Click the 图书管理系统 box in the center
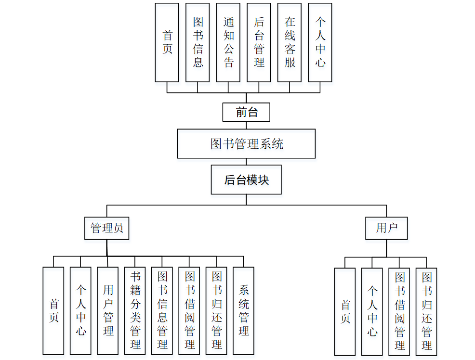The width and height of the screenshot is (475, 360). pyautogui.click(x=246, y=143)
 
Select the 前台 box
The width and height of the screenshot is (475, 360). pyautogui.click(x=246, y=112)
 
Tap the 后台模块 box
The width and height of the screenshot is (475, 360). pyautogui.click(x=246, y=180)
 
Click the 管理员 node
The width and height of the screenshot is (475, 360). pyautogui.click(x=107, y=228)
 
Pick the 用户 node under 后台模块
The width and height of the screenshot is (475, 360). pyautogui.click(x=386, y=228)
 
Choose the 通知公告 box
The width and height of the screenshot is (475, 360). pyautogui.click(x=228, y=42)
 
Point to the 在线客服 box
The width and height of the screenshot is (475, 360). pyautogui.click(x=290, y=42)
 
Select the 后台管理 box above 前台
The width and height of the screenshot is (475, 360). pyautogui.click(x=259, y=42)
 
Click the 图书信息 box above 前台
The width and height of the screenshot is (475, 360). pyautogui.click(x=198, y=42)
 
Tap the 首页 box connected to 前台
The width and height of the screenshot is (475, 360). pyautogui.click(x=167, y=42)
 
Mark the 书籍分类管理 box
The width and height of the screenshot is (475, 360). pyautogui.click(x=135, y=310)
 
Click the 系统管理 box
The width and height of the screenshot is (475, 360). pyautogui.click(x=243, y=310)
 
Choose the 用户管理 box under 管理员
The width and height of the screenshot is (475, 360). pyautogui.click(x=108, y=310)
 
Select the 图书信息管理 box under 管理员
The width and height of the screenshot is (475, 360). pyautogui.click(x=162, y=310)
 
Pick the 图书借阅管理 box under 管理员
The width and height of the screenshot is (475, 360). pyautogui.click(x=189, y=310)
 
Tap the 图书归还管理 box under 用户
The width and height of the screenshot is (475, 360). pyautogui.click(x=426, y=311)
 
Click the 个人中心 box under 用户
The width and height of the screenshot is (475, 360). pyautogui.click(x=372, y=311)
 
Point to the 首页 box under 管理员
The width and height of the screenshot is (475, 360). pyautogui.click(x=53, y=310)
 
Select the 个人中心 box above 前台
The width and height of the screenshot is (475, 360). pyautogui.click(x=320, y=42)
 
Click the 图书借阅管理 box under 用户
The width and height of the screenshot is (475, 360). pyautogui.click(x=399, y=311)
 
